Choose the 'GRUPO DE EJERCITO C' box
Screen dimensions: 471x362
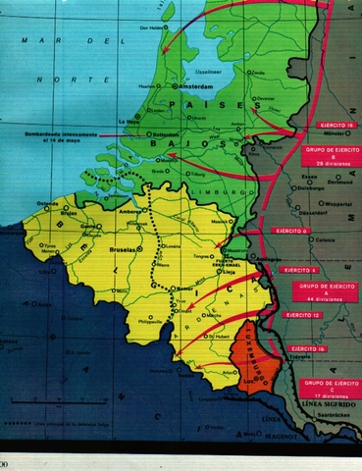tap(327, 387)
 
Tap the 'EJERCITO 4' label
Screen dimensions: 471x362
tap(298, 268)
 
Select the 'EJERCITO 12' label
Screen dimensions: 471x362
tap(301, 315)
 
